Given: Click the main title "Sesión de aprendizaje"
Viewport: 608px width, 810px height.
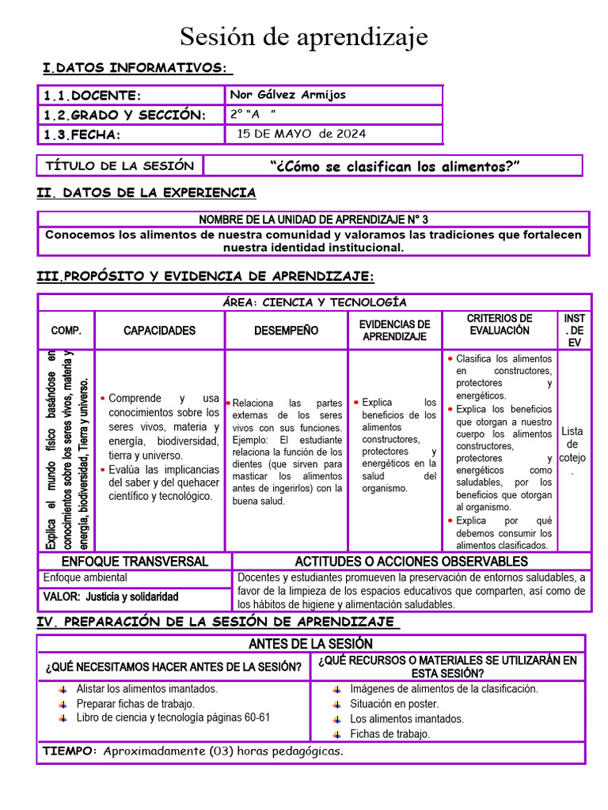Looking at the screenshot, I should click(x=304, y=36).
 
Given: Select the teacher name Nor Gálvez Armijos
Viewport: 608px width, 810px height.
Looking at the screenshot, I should click(x=287, y=95).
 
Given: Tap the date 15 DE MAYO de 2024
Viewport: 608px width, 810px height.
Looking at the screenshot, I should click(x=302, y=134).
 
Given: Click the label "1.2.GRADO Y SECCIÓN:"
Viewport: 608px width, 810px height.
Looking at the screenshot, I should click(x=124, y=115).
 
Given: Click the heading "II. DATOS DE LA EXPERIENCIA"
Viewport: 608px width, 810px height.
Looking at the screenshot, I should click(x=146, y=193).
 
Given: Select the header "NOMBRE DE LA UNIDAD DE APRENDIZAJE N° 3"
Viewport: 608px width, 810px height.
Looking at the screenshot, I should click(x=313, y=219).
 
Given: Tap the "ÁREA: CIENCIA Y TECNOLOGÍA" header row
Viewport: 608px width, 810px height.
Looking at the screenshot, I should click(x=314, y=302).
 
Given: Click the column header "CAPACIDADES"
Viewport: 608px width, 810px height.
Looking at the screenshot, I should click(x=159, y=331).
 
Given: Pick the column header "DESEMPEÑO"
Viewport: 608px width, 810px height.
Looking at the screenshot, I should click(x=287, y=331).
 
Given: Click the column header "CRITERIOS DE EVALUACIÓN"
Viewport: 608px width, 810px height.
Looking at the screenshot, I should click(x=500, y=324).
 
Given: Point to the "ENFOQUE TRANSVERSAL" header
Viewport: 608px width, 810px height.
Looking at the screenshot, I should click(x=135, y=562).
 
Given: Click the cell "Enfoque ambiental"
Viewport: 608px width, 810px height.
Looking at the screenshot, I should click(x=85, y=578).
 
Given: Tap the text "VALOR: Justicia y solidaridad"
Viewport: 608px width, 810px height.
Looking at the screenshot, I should click(x=111, y=597).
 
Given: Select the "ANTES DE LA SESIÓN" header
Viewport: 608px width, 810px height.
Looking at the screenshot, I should click(x=310, y=644).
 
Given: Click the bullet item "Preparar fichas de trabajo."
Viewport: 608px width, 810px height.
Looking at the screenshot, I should click(x=135, y=703).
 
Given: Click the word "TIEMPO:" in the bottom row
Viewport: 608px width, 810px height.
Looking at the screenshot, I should click(x=70, y=751).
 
